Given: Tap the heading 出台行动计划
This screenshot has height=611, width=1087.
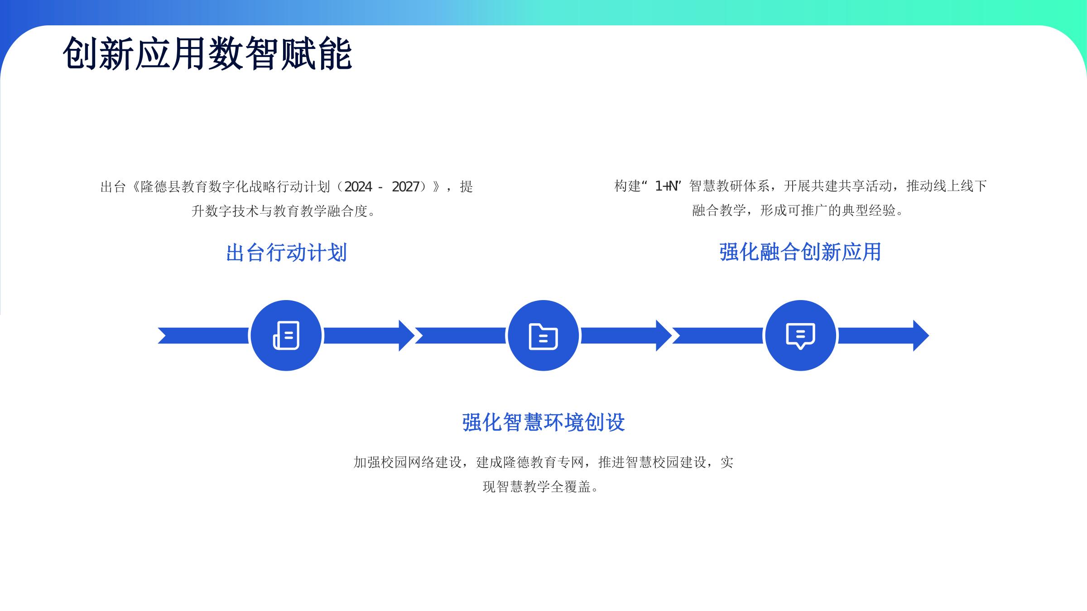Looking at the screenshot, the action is click(x=286, y=253).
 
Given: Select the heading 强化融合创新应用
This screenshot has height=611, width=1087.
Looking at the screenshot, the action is click(x=800, y=252).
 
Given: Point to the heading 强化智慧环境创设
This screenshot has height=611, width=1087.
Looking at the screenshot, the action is click(x=543, y=422).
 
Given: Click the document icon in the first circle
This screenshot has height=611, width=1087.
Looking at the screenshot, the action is click(x=286, y=335).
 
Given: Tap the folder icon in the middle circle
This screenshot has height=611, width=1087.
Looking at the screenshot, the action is click(x=543, y=336).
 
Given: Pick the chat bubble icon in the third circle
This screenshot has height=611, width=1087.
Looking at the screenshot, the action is click(x=800, y=336).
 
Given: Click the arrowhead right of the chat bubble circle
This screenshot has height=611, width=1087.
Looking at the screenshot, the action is click(x=921, y=335).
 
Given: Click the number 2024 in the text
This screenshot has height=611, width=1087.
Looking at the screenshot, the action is click(x=358, y=186).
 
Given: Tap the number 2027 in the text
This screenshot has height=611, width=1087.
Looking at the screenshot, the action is click(x=405, y=186).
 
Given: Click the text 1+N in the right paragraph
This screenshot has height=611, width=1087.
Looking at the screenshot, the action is click(x=666, y=186).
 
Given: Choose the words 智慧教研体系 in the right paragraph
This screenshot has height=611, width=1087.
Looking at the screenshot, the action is click(x=729, y=186).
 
